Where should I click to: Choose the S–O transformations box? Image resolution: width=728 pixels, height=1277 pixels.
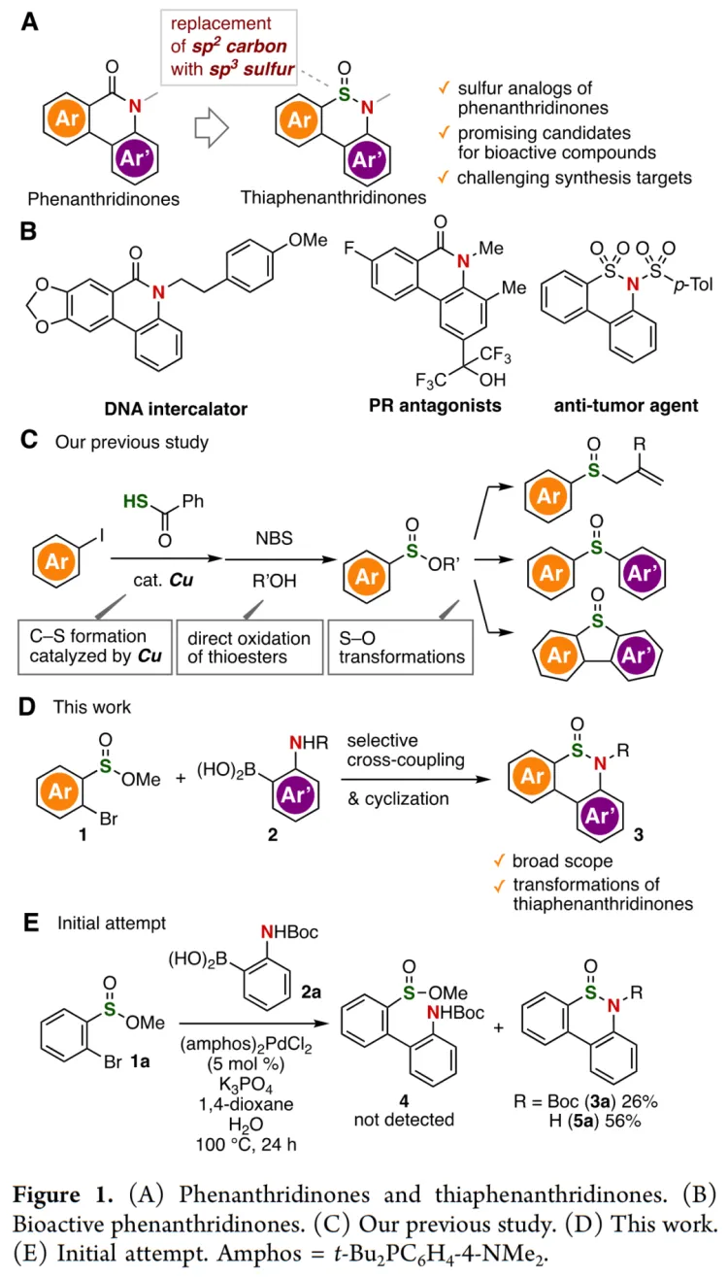(397, 648)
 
